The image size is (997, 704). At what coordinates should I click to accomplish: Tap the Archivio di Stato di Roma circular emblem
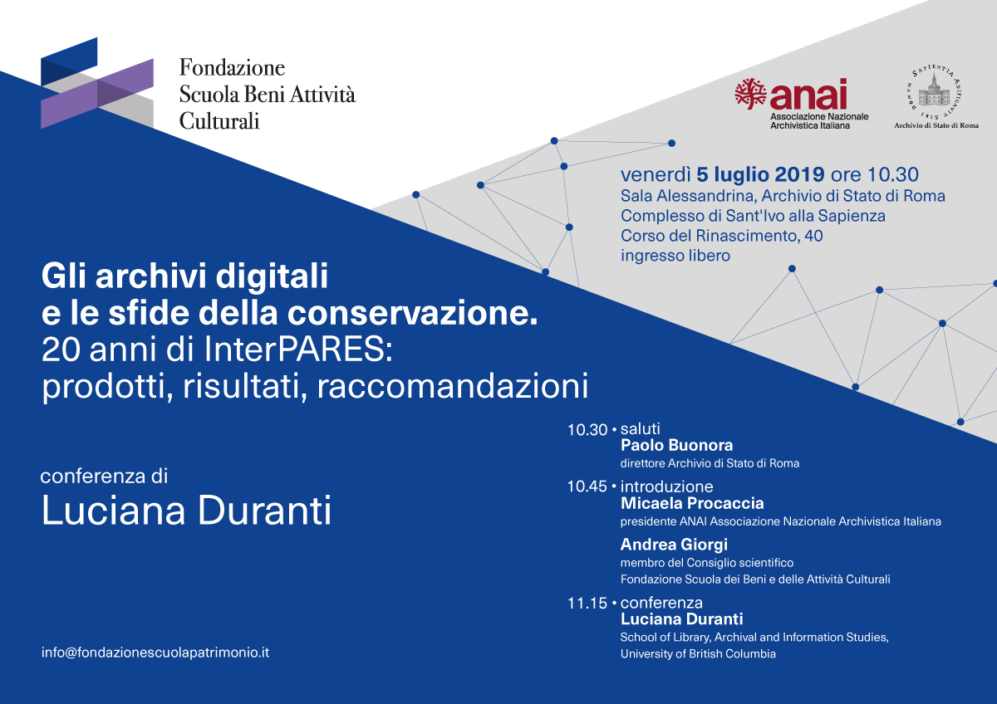point(933,92)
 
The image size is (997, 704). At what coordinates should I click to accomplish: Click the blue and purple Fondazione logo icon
point(97,83)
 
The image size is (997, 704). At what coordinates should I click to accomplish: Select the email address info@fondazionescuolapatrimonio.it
point(155,653)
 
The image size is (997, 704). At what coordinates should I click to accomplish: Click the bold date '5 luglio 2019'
point(760,175)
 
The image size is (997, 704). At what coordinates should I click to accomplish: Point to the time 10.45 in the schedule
point(587,486)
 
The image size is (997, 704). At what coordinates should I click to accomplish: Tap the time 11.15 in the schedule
point(587,604)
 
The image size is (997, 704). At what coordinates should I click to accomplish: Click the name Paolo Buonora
point(676,445)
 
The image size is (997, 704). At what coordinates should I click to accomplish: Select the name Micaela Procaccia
point(692,503)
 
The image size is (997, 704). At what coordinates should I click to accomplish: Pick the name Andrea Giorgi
point(674,545)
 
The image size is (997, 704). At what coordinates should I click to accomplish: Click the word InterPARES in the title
point(298,350)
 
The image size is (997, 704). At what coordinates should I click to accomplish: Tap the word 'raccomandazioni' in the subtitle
point(453,386)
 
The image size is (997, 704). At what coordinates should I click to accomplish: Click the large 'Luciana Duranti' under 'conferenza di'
point(186,511)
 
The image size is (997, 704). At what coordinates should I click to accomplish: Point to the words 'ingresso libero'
point(675,256)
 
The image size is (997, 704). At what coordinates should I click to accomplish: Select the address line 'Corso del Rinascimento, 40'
point(721,236)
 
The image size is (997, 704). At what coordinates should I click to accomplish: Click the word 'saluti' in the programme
point(641,428)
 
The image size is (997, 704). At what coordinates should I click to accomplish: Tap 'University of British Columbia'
point(698,653)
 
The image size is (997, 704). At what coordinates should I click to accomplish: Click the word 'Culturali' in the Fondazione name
point(219,121)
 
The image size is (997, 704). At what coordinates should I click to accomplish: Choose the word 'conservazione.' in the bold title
point(413,313)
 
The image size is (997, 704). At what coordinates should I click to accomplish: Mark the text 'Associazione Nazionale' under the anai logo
point(819,116)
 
